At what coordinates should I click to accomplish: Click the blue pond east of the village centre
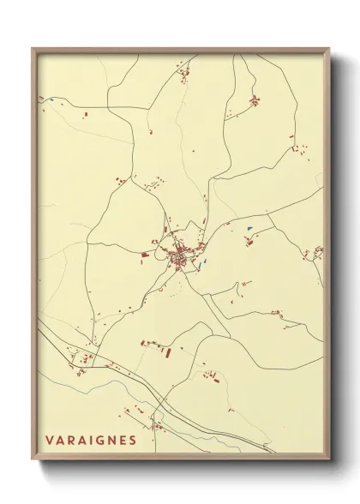[x=249, y=227]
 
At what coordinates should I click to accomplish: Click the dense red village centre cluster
[x=181, y=256]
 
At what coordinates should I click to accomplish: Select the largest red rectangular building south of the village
[x=167, y=351]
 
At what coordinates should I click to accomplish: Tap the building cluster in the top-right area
[x=254, y=102]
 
